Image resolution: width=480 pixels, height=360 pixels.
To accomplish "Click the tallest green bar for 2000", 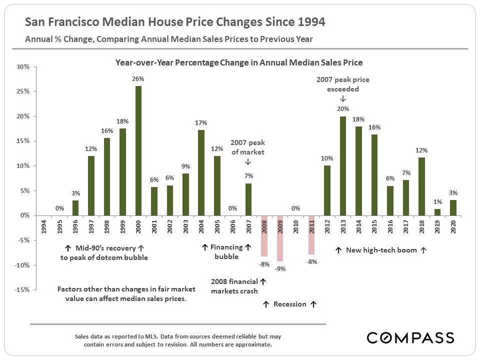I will [138, 150].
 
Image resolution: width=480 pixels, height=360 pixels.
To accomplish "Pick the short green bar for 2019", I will [437, 212].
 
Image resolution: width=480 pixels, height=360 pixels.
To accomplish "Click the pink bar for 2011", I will [311, 235].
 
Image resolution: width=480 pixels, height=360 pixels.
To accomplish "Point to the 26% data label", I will [138, 79].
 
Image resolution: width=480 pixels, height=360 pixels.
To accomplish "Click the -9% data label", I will [280, 268].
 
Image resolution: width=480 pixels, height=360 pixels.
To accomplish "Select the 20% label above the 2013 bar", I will [343, 108].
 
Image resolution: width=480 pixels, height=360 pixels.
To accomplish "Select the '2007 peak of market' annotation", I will [248, 147].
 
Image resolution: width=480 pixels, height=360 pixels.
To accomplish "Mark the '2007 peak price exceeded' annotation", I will [343, 84].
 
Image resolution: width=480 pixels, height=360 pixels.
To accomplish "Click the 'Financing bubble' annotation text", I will [226, 251].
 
